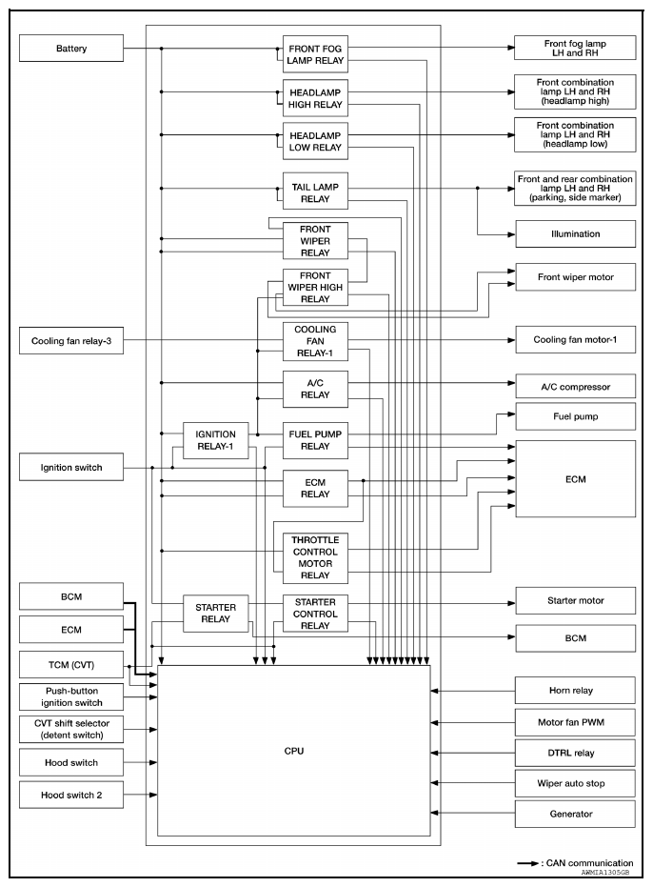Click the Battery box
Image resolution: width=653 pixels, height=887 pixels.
71,48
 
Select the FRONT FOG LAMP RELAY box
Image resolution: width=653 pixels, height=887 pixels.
314,53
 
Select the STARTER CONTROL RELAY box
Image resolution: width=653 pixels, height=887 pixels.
314,614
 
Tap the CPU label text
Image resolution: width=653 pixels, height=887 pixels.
293,752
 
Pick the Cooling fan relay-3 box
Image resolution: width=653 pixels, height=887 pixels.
71,340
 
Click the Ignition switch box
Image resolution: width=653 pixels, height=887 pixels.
71,468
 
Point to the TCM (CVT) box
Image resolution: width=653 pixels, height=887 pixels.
71,663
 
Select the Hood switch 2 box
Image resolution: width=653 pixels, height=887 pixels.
71,795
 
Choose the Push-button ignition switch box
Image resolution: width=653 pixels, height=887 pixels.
71,696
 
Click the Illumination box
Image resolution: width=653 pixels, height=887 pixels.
574,232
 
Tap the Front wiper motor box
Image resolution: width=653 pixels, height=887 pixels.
574,276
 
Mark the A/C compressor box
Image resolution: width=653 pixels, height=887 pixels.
574,387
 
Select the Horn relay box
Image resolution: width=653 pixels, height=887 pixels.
574,689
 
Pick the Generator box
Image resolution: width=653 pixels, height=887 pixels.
574,814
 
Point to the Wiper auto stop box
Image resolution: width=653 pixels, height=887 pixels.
574,783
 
